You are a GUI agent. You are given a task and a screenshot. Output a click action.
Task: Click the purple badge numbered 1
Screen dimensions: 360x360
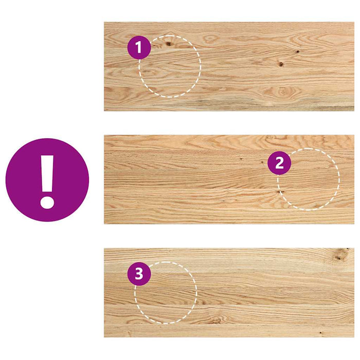click(139, 48)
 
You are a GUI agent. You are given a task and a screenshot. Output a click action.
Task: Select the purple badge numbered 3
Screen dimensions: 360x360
click(139, 275)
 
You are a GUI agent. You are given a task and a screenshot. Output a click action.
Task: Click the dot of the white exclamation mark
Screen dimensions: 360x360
click(47, 200)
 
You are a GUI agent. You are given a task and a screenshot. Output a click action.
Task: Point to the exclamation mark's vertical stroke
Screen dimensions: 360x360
click(47, 172)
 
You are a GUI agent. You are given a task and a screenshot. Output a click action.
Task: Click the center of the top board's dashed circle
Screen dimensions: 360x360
click(170, 66)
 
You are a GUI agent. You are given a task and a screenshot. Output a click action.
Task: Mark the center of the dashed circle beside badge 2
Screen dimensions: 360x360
click(309, 179)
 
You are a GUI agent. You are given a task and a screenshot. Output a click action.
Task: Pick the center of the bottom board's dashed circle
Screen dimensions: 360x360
click(166, 292)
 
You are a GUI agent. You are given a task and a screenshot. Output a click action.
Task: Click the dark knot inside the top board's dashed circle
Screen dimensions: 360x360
click(168, 44)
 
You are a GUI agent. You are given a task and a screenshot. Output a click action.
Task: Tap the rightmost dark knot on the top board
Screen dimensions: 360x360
click(297, 52)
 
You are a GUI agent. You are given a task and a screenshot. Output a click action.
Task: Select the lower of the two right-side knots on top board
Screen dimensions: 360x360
click(281, 64)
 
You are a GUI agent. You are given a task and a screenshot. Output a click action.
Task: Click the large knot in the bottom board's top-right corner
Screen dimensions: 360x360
click(340, 253)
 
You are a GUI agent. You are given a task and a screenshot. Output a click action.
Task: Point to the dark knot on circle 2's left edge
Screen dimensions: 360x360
click(279, 192)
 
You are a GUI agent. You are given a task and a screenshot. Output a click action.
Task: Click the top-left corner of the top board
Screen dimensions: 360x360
click(104, 22)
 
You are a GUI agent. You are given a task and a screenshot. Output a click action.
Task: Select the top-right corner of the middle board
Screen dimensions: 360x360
click(354, 136)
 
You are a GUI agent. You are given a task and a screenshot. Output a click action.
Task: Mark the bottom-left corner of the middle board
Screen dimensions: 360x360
click(104, 224)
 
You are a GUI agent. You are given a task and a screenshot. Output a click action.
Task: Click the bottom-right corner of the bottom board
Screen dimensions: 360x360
click(354, 337)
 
